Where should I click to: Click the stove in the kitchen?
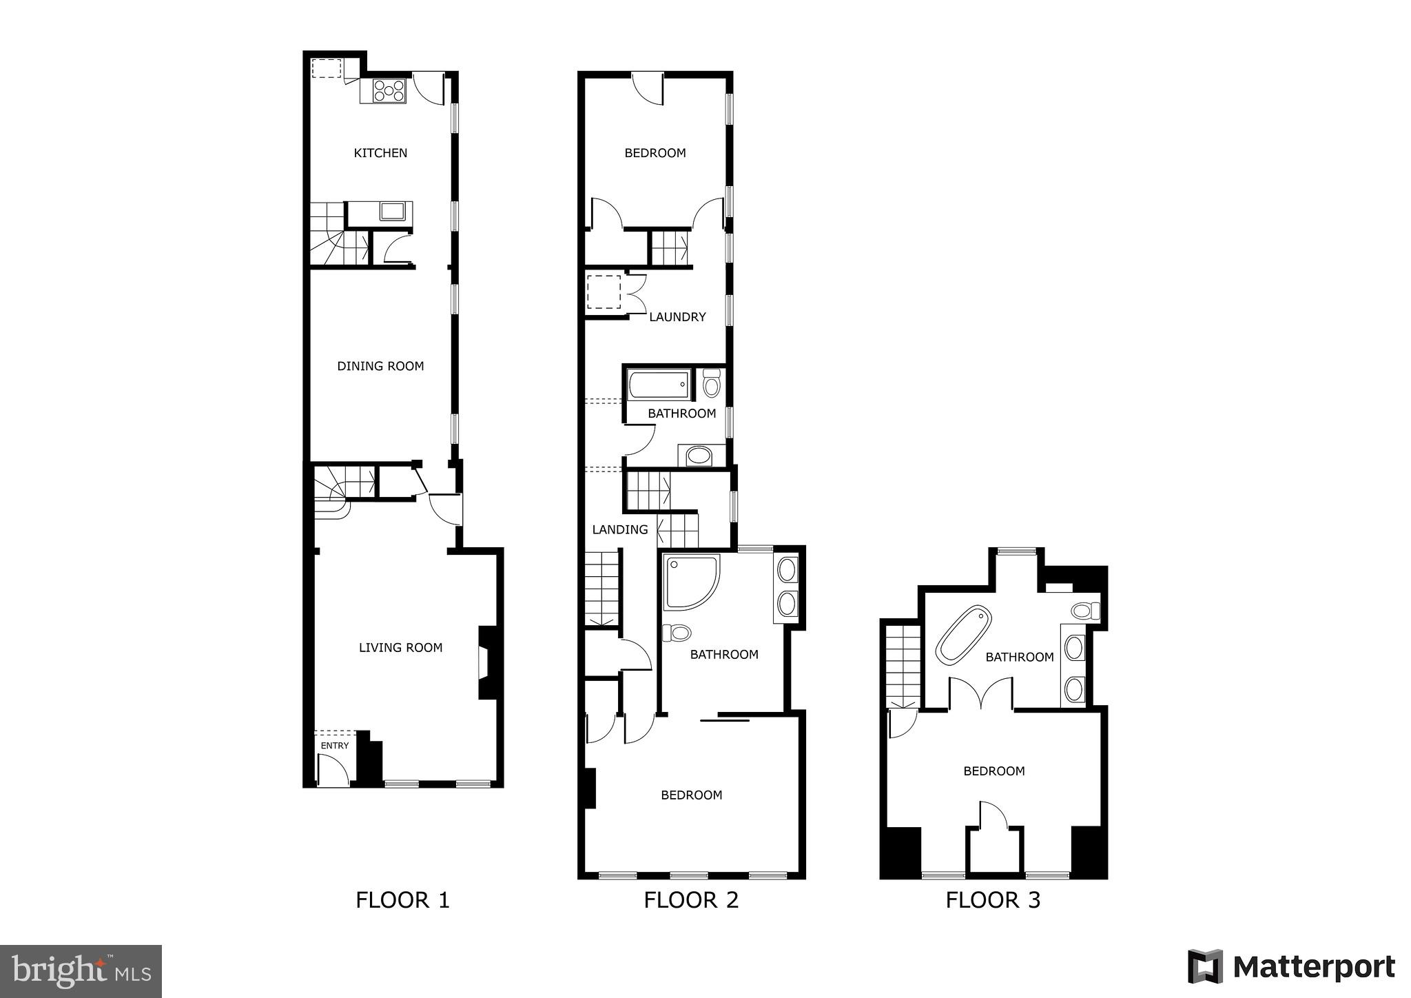coord(389,91)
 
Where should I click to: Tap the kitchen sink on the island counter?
coord(393,211)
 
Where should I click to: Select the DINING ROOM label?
coord(380,366)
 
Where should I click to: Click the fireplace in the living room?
coord(486,662)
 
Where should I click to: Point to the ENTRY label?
coord(335,746)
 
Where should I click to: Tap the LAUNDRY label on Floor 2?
coord(677,317)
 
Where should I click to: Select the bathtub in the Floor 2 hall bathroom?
coord(659,385)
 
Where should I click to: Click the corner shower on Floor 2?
coord(690,582)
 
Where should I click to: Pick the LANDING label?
coord(620,529)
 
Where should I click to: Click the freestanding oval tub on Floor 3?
coord(963,635)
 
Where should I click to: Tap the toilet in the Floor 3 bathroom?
coord(1084,611)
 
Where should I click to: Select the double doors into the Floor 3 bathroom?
coord(981,693)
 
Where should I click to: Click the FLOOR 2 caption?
coord(691,900)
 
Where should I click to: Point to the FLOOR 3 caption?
coord(993,900)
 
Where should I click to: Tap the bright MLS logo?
coord(81,971)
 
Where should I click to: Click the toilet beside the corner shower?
coord(677,632)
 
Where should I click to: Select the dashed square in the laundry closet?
coord(604,292)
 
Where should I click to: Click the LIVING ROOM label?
coord(400,647)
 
